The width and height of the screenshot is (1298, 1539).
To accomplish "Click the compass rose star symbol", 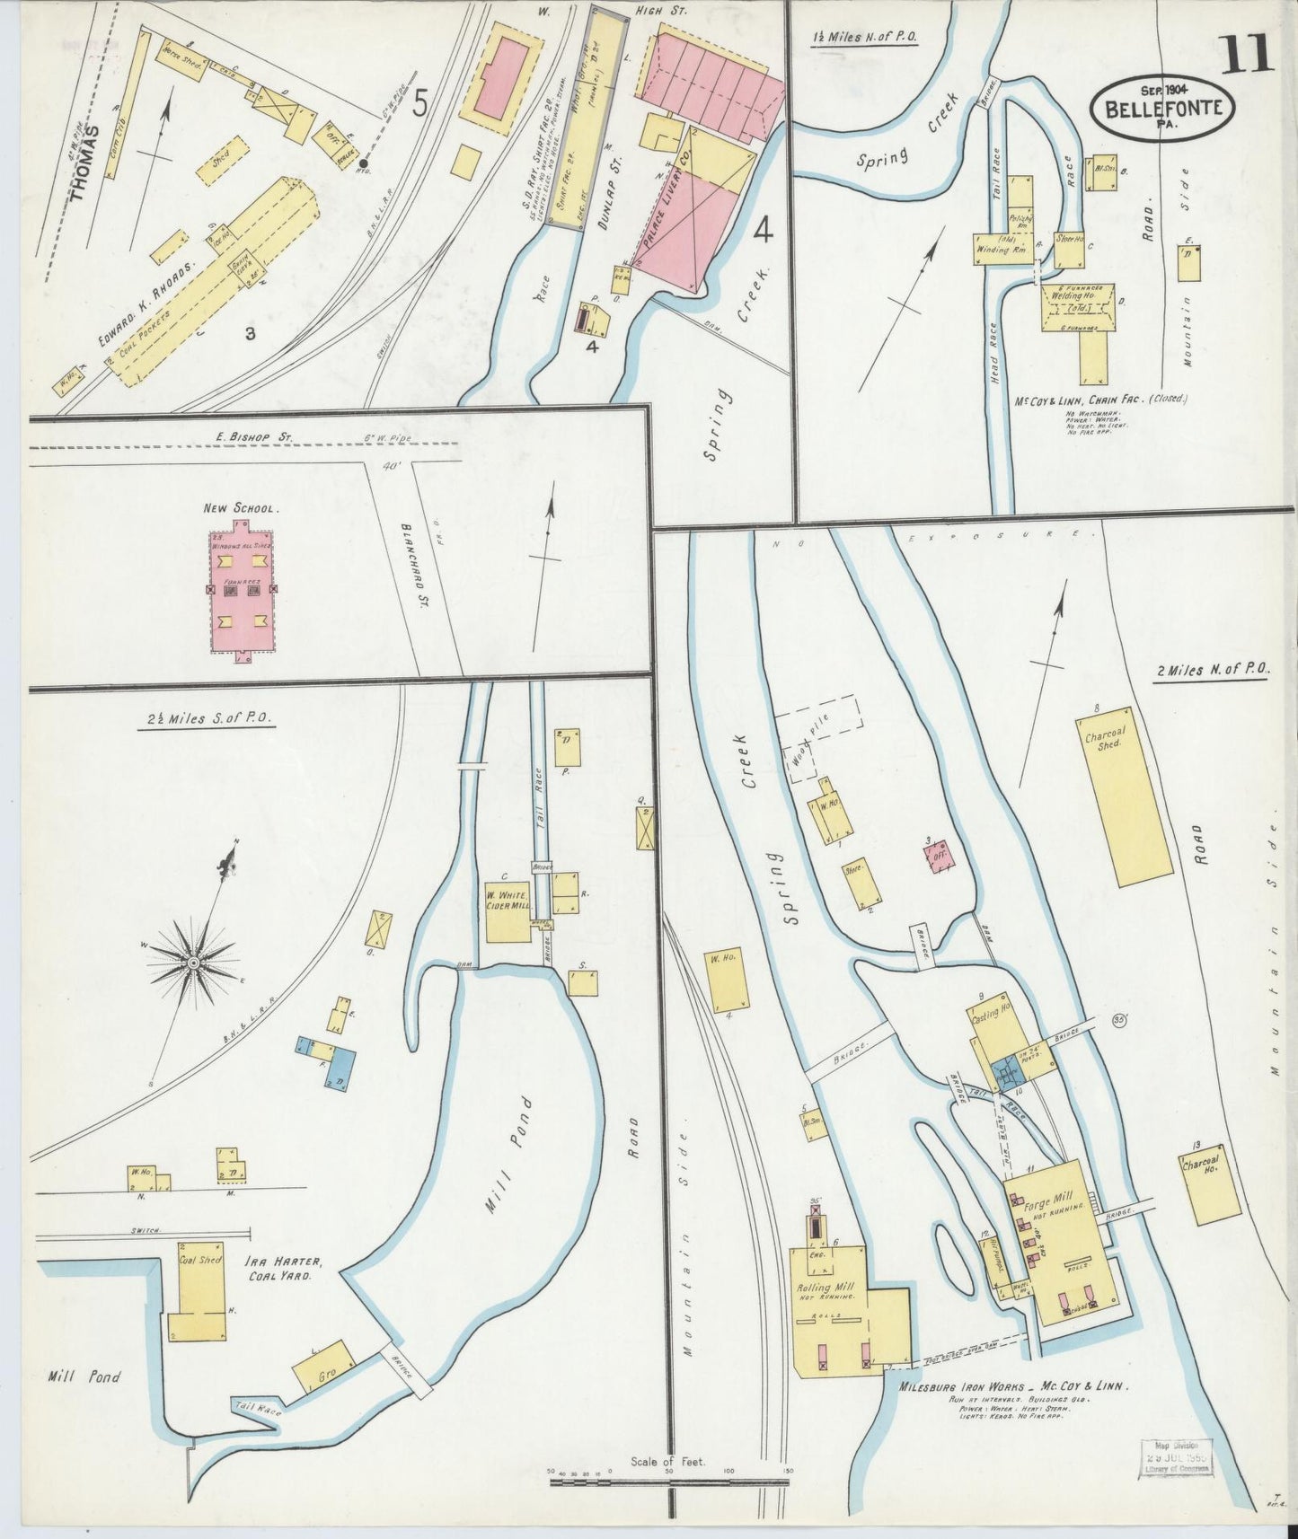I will (192, 963).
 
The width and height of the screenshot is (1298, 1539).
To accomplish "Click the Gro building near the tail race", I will (325, 1373).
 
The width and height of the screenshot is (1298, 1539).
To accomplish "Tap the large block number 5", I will (419, 106).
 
